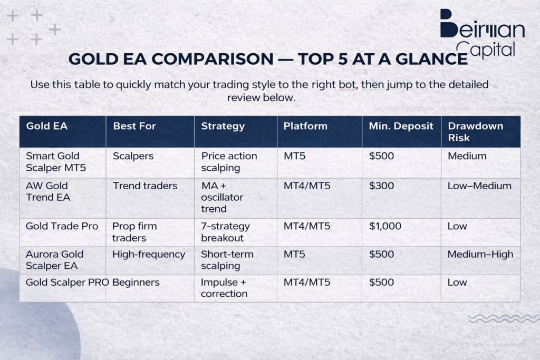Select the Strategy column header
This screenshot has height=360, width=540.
[x=223, y=126]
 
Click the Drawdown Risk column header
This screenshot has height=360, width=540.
[x=475, y=132]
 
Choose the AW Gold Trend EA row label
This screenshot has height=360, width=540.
[x=47, y=191]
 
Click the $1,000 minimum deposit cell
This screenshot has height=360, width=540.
[x=385, y=226]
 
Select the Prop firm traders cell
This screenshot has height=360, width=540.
[x=134, y=232]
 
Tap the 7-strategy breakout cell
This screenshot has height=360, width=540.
[x=225, y=232]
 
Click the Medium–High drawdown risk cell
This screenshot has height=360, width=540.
[x=480, y=254]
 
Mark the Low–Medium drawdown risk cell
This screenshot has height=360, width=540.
[x=479, y=186]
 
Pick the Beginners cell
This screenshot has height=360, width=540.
[x=136, y=282]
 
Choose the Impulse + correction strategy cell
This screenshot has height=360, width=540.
[x=224, y=288]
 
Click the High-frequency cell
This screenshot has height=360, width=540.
[x=149, y=254]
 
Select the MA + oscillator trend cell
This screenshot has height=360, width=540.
[x=222, y=197]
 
